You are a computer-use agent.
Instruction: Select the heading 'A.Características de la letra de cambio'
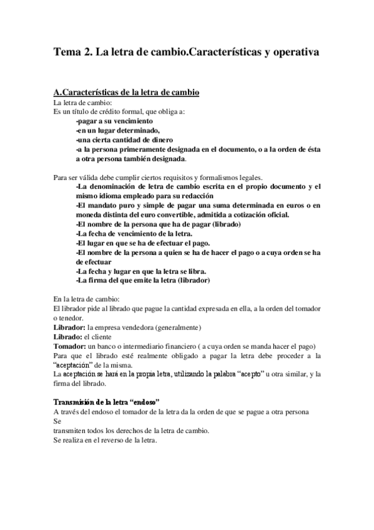coord(126,92)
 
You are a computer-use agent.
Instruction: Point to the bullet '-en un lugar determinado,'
coord(117,130)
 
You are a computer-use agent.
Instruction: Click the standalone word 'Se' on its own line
coord(58,421)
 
